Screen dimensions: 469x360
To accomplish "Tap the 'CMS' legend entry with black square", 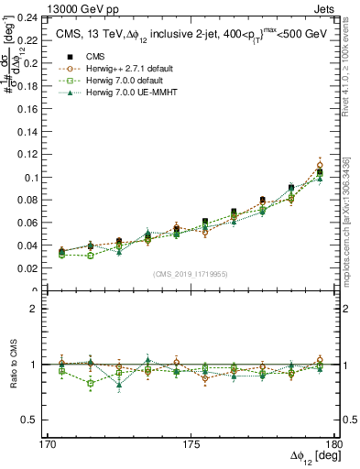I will (x=85, y=55).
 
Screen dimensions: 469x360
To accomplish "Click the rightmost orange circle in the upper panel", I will (x=320, y=166).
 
